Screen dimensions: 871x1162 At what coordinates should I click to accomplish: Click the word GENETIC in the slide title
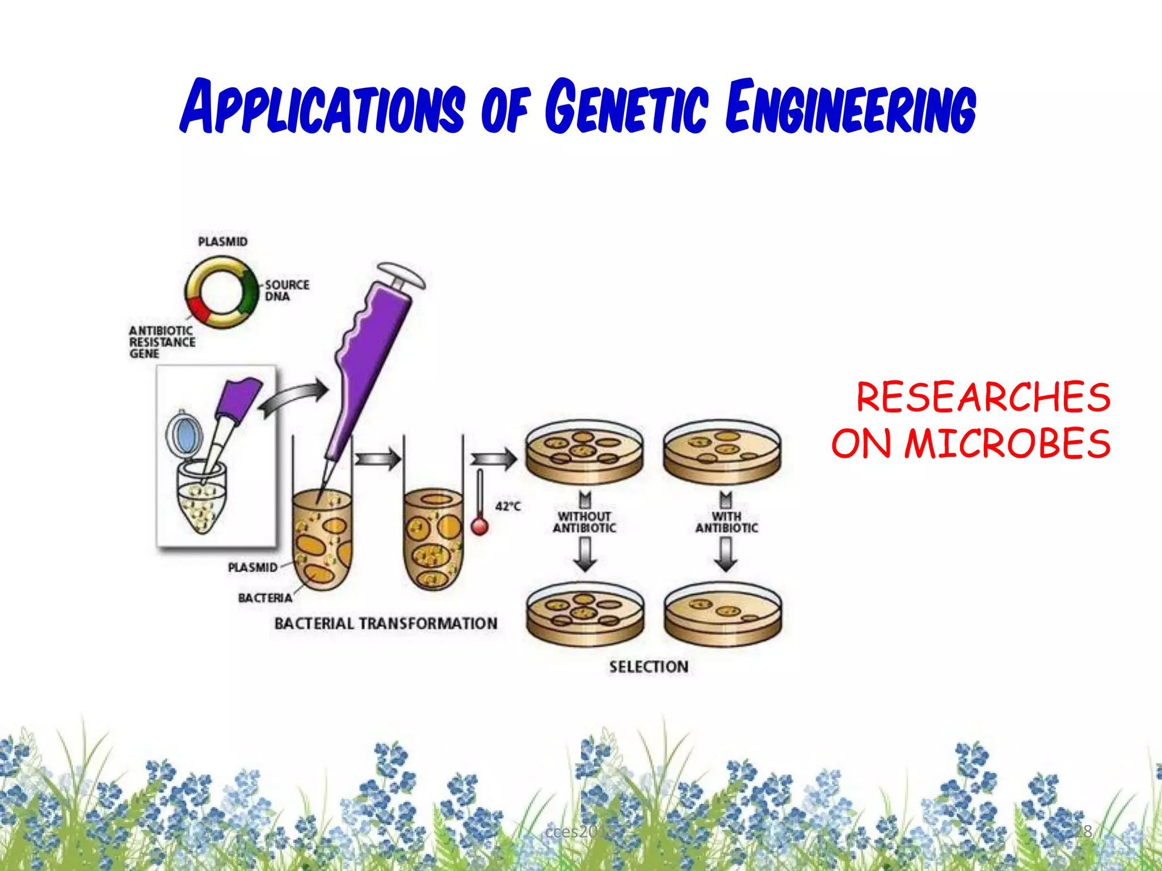coord(627,107)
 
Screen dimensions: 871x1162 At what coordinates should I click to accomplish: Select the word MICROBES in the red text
coord(1008,443)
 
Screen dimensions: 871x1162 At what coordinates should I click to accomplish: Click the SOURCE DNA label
coord(287,290)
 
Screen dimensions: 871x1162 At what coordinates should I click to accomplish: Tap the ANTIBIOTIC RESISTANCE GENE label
coord(162,342)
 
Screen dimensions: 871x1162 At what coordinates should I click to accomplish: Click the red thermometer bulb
coord(480,527)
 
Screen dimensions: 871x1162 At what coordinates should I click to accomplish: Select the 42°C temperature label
coord(508,506)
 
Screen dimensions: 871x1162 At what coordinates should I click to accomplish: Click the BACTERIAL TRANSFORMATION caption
coord(386,624)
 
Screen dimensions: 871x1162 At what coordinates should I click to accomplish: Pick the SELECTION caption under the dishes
coord(649,667)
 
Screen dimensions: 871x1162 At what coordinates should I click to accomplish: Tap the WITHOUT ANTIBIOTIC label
coord(584,522)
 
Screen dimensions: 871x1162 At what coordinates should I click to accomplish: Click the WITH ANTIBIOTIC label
coord(727,522)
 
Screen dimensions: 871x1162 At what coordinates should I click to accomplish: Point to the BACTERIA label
coord(265,598)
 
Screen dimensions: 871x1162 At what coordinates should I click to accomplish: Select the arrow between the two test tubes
coord(377,458)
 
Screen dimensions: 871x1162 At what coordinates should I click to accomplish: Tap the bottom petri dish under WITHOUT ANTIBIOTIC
coord(585,615)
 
